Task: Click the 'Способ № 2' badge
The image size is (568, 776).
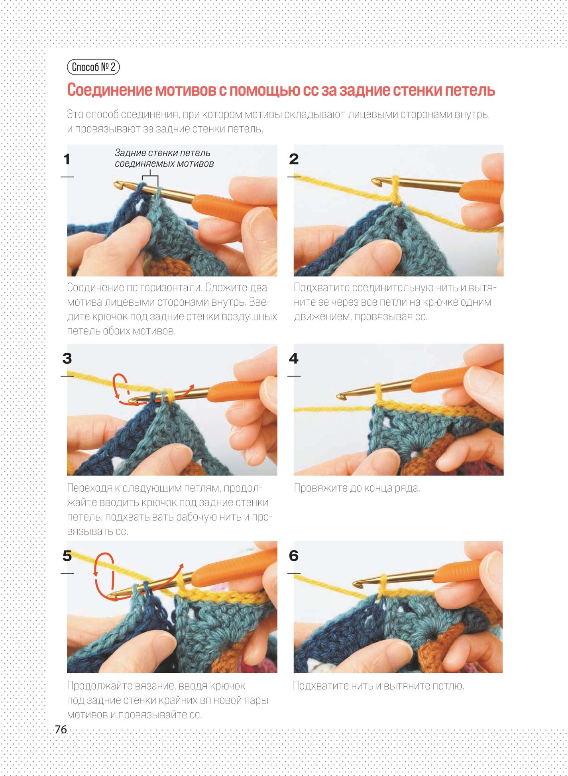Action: [93, 67]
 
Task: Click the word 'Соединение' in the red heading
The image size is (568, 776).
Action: [110, 90]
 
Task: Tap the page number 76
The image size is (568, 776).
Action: [61, 729]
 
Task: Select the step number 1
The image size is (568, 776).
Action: [67, 159]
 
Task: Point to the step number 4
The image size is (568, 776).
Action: [294, 358]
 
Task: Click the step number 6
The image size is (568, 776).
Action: [294, 556]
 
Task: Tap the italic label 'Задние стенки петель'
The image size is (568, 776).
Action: [163, 153]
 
